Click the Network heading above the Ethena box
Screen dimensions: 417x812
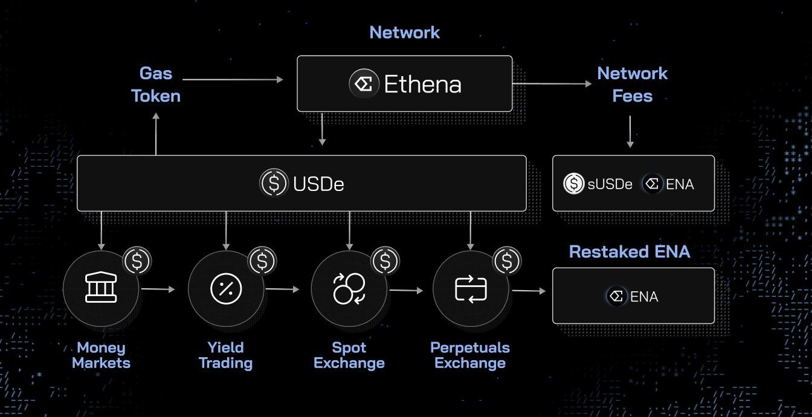point(404,32)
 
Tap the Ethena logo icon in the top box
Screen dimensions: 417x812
point(364,83)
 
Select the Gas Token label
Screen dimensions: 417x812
point(156,85)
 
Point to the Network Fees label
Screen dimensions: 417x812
point(632,85)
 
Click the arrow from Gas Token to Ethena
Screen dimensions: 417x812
point(233,79)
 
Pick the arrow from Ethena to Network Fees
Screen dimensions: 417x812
point(552,84)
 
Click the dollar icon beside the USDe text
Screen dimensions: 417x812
point(274,183)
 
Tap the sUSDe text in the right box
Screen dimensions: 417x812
point(610,184)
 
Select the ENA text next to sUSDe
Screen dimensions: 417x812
point(680,184)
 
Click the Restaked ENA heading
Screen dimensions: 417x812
point(630,251)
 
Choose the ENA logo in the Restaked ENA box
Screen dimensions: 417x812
point(617,296)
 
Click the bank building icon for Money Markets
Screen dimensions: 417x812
point(101,289)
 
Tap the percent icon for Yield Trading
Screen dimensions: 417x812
point(226,289)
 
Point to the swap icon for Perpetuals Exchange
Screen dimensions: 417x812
point(471,289)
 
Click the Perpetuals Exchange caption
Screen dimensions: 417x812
point(470,355)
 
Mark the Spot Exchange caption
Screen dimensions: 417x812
point(349,355)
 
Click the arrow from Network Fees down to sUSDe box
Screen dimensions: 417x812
point(630,131)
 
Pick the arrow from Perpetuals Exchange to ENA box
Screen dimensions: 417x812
point(529,291)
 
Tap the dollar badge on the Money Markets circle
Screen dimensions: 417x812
point(137,261)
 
